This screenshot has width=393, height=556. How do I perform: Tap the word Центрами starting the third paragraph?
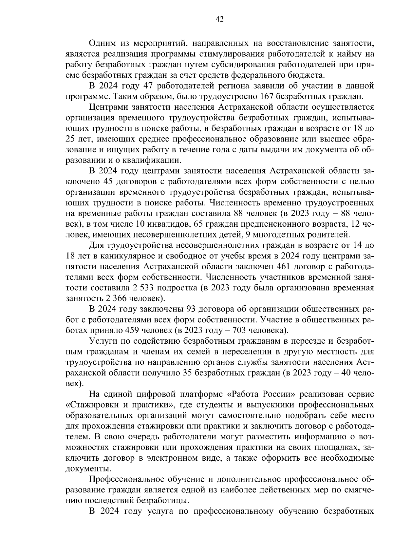click(106, 107)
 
